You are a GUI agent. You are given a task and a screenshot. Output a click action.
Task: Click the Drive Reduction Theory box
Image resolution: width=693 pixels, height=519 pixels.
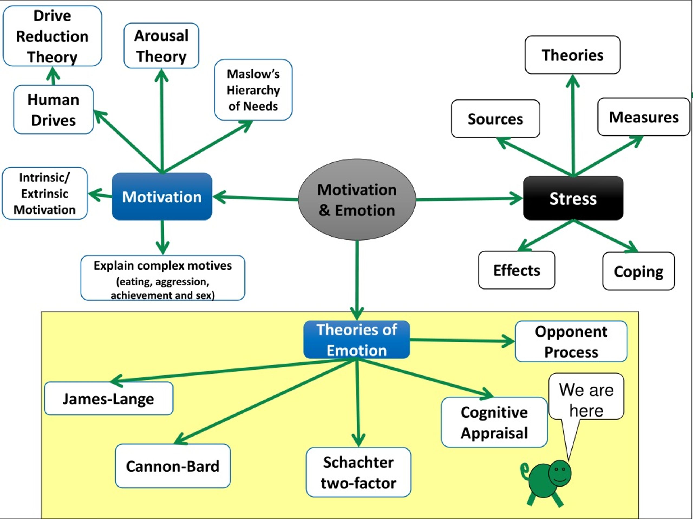52,36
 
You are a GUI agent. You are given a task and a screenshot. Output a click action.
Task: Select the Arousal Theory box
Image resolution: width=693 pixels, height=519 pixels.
161,46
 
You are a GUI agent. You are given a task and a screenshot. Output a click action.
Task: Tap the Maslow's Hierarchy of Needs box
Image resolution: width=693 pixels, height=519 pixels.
253,90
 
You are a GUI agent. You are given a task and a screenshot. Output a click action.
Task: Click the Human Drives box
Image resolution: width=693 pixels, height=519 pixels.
53,109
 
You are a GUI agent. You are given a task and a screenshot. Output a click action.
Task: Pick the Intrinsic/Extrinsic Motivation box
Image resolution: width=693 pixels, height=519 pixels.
45,193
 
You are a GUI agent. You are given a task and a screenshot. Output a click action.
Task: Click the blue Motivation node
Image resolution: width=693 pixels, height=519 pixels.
162,197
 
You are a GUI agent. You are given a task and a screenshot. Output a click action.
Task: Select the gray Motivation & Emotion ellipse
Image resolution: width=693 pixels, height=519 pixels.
357,199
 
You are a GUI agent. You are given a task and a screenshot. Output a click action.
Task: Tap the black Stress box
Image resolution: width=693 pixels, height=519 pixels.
573,198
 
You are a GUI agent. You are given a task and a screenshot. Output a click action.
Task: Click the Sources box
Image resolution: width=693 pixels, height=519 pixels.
495,119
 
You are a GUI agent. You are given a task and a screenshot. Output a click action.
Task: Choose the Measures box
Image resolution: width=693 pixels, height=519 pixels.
643,117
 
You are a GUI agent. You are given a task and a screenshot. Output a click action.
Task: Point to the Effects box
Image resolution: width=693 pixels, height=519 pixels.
517,270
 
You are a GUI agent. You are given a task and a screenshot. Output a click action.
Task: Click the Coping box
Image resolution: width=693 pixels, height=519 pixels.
639,271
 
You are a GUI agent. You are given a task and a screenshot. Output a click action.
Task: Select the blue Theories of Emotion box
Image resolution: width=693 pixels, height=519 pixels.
357,340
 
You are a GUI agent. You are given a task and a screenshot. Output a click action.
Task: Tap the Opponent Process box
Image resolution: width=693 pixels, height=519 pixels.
571,341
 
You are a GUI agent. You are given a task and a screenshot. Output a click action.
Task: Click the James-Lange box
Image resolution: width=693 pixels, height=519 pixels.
108,398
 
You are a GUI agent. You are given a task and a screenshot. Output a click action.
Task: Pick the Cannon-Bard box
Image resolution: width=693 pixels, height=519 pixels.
173,466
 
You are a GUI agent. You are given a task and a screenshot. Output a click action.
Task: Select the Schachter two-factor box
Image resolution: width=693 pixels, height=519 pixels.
358,473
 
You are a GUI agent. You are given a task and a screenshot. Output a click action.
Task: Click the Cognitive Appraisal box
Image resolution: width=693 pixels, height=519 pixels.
494,422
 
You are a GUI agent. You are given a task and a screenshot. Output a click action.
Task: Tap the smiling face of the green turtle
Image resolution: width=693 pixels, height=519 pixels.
560,473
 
